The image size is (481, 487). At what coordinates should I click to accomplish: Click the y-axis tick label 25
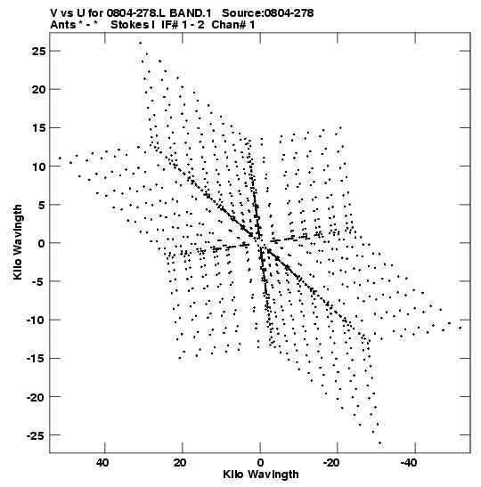tap(38, 52)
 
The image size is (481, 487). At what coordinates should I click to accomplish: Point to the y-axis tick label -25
tap(36, 435)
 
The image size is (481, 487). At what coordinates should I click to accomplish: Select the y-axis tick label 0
tap(42, 243)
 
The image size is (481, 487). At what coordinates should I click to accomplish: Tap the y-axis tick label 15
tap(38, 128)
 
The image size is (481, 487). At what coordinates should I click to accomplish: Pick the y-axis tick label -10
tap(36, 320)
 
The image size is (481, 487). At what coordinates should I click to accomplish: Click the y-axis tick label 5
tap(42, 205)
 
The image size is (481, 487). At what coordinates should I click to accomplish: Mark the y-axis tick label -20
tap(36, 397)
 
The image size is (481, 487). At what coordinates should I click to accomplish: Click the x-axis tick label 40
tap(102, 463)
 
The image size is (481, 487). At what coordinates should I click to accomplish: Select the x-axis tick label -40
tap(409, 463)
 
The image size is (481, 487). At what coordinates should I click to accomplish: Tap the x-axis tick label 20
tap(180, 463)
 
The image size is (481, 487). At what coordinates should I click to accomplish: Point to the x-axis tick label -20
tap(331, 463)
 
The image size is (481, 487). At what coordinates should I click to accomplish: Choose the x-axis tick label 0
tap(260, 463)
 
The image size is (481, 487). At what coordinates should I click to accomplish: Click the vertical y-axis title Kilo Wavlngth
tap(18, 242)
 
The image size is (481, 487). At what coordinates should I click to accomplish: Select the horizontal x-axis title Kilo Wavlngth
tap(261, 475)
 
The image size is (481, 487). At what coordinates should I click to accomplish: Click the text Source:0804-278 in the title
tap(268, 13)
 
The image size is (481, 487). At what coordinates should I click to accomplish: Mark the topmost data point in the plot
tap(140, 43)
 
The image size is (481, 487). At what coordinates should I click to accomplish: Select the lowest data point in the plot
tap(379, 442)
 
